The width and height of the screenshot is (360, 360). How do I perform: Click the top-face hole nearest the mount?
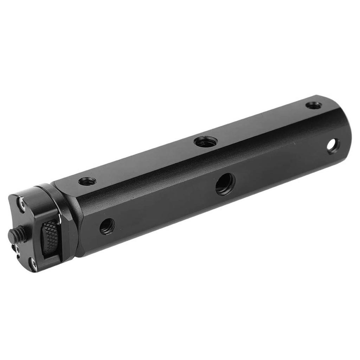coord(87,181)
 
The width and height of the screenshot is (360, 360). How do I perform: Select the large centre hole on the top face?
coord(206,142)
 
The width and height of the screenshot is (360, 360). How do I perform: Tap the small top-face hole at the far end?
coord(313,105)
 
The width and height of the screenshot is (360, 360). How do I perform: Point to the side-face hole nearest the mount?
coord(107,226)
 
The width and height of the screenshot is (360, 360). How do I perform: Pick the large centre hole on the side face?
coord(225,184)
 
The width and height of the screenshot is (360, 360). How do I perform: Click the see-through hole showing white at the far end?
coord(333,146)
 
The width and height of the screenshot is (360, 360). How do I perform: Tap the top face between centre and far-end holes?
coord(260,123)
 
